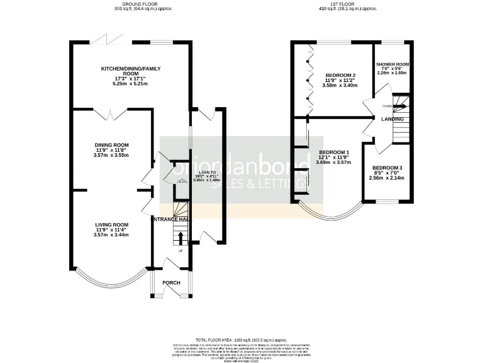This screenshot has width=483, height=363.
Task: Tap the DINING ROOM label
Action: coord(111,144)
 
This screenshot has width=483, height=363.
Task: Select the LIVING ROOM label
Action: coord(111,224)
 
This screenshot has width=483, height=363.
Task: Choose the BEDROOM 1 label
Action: coord(334,153)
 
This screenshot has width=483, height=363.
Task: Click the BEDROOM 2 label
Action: coord(340,76)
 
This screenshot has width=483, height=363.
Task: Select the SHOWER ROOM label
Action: coord(392,65)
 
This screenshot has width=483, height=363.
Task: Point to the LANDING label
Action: coord(392,119)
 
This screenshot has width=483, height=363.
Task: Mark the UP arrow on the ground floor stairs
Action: coord(181,238)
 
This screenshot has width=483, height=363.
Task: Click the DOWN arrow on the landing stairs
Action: coord(399,106)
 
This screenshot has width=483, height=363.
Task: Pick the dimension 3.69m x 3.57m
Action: coord(334,163)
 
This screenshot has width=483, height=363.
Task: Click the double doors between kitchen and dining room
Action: coord(111,114)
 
